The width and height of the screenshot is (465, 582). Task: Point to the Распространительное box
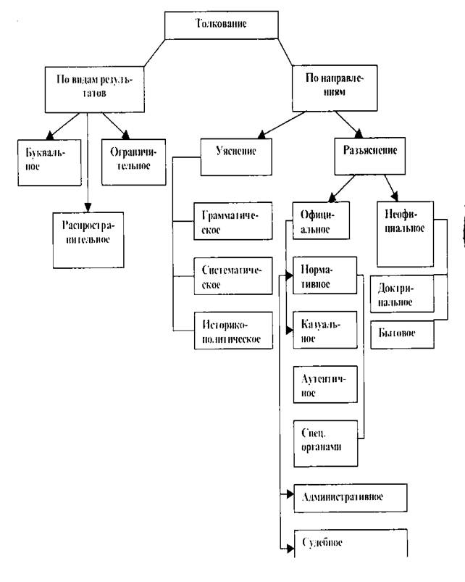point(86,236)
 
